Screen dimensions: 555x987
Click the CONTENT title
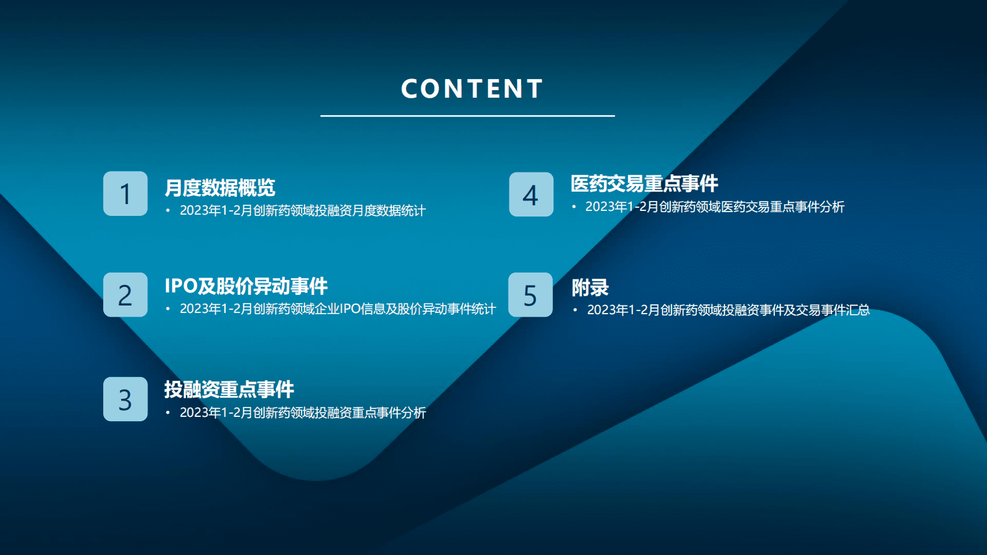pyautogui.click(x=472, y=89)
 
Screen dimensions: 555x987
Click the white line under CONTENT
pyautogui.click(x=467, y=116)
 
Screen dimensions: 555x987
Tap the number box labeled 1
pyautogui.click(x=126, y=194)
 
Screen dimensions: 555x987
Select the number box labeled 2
pyautogui.click(x=126, y=295)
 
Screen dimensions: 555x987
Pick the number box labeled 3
pyautogui.click(x=126, y=399)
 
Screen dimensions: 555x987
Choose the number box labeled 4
pyautogui.click(x=531, y=194)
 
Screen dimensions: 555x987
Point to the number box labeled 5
pyautogui.click(x=531, y=295)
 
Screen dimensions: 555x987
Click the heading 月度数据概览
pyautogui.click(x=220, y=187)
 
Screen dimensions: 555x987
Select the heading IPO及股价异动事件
pyautogui.click(x=246, y=286)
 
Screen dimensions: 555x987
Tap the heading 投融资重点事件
pyautogui.click(x=229, y=389)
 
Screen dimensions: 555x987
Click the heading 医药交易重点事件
pyautogui.click(x=644, y=184)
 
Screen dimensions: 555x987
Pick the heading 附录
pyautogui.click(x=590, y=287)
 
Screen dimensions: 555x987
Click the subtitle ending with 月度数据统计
pyautogui.click(x=302, y=211)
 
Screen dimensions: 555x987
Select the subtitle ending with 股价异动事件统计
pyautogui.click(x=338, y=309)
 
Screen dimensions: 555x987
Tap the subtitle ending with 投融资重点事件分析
pyautogui.click(x=303, y=413)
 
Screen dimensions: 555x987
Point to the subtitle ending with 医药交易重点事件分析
pyautogui.click(x=715, y=207)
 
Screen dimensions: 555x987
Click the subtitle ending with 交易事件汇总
pyautogui.click(x=728, y=310)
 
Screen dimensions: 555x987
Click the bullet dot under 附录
pyautogui.click(x=575, y=310)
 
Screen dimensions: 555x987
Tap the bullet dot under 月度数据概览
pyautogui.click(x=168, y=211)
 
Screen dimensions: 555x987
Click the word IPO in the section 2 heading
pyautogui.click(x=181, y=286)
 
